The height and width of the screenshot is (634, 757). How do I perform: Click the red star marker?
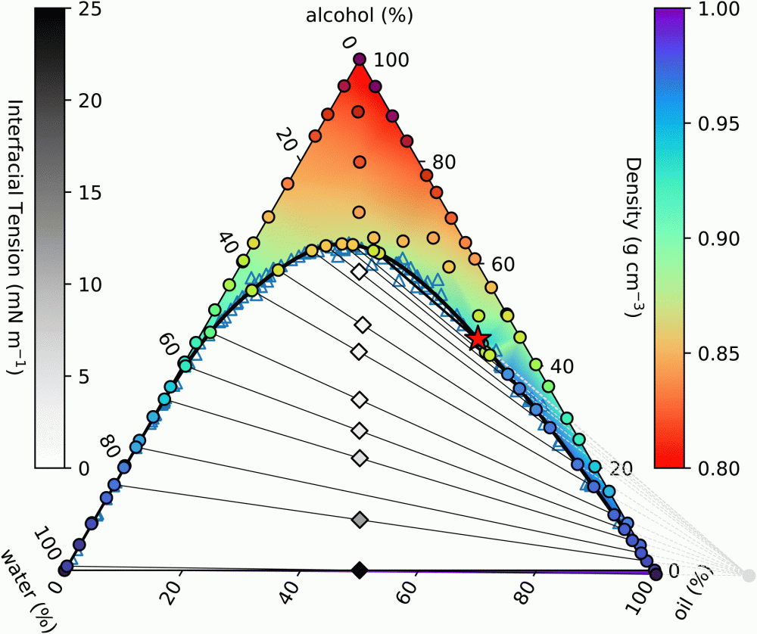click(x=478, y=340)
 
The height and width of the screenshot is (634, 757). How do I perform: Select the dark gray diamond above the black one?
click(x=360, y=519)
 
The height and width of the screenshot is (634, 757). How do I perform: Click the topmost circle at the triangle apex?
click(x=360, y=60)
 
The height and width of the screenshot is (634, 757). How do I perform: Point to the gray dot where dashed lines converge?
click(x=749, y=575)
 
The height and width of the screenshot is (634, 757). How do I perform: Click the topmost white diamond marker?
click(x=360, y=272)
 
